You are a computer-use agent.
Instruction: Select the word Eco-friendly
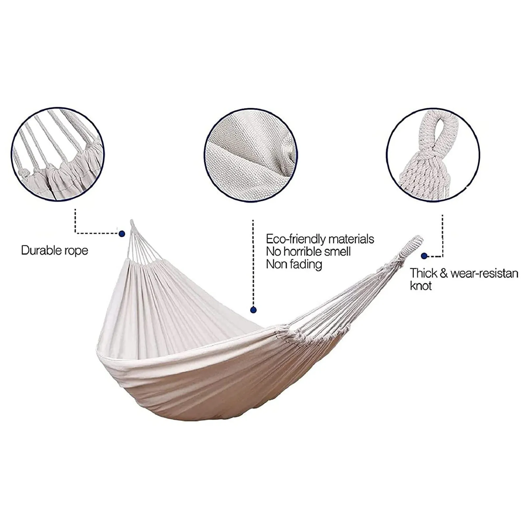coord(296,239)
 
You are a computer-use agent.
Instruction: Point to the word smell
coord(338,251)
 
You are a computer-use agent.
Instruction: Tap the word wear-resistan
coord(484,273)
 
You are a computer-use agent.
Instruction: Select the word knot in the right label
coord(420,286)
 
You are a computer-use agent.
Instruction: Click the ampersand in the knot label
coord(443,274)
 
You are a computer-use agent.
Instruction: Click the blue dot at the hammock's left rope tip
coord(122,234)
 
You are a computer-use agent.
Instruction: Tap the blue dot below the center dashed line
coord(253,310)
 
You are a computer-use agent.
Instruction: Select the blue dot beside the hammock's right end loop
coord(424,256)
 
